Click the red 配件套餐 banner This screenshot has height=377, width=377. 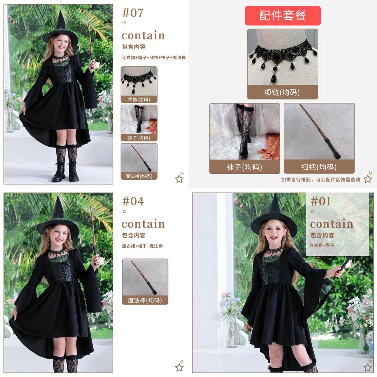pos(283,15)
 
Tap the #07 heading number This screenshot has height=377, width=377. pos(133,13)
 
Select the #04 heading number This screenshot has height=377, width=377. pos(133,201)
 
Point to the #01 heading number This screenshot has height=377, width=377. pos(321,201)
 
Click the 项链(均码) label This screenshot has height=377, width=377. pos(282,92)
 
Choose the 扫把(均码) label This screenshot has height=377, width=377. pos(319,167)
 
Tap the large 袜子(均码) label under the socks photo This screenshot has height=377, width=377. pos(244,167)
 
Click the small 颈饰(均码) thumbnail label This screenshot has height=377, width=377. pos(139,99)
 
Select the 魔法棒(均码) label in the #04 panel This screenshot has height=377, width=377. pos(145,300)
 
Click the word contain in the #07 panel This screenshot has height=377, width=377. pos(143,36)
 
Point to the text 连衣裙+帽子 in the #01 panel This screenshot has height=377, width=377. pos(322,245)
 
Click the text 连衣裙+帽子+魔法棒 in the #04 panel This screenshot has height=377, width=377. pos(142,246)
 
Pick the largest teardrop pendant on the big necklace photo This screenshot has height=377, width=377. pos(274,79)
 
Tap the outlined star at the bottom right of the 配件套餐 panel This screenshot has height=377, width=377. pos(368,179)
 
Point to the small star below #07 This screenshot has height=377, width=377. pos(124,23)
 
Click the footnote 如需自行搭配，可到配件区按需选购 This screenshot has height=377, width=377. pos(321,180)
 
